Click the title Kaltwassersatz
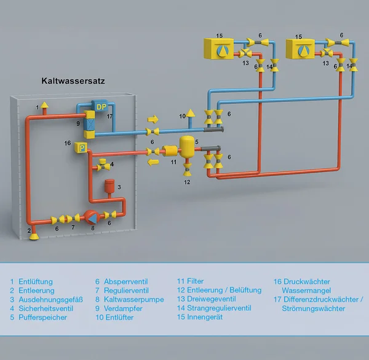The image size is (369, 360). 73,80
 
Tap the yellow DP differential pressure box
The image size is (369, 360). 101,106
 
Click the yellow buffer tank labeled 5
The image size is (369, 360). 187,147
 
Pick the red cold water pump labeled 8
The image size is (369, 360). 92,217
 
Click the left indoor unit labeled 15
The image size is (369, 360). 219,48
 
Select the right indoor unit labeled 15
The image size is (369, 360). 301,48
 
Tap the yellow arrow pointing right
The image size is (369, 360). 153,118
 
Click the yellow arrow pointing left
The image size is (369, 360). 153,162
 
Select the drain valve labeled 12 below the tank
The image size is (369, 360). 187,172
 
